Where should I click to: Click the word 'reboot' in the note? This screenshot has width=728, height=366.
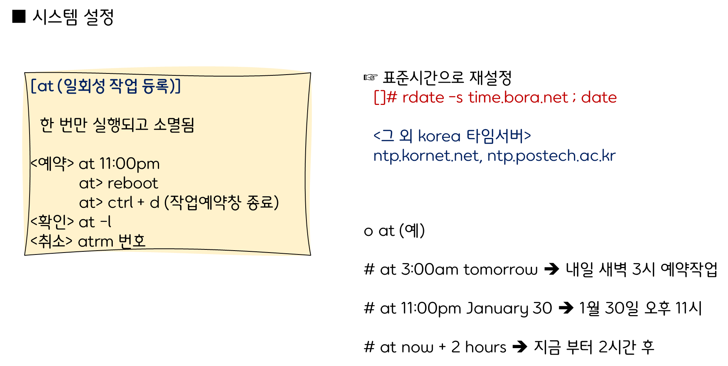pyautogui.click(x=133, y=183)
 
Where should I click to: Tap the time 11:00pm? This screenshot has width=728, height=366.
pyautogui.click(x=129, y=164)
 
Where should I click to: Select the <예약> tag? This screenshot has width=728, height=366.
pyautogui.click(x=52, y=164)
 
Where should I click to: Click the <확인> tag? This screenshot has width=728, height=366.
pyautogui.click(x=52, y=222)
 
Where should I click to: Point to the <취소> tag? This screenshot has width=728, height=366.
pyautogui.click(x=51, y=241)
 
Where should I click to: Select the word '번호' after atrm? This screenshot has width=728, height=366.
pyautogui.click(x=132, y=241)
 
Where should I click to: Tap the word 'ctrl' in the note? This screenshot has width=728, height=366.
pyautogui.click(x=120, y=203)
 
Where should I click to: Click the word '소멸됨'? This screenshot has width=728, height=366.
pyautogui.click(x=174, y=125)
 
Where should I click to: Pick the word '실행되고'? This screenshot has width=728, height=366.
pyautogui.click(x=121, y=125)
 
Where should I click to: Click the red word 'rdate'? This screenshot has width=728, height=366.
pyautogui.click(x=423, y=98)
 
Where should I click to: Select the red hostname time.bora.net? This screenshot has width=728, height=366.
pyautogui.click(x=518, y=98)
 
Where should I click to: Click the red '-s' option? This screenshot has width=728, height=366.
pyautogui.click(x=456, y=98)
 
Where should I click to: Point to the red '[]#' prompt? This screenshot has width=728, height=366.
pyautogui.click(x=385, y=98)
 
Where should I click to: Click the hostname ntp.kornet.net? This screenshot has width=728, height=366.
pyautogui.click(x=426, y=156)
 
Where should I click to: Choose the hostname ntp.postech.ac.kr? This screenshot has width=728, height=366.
pyautogui.click(x=551, y=156)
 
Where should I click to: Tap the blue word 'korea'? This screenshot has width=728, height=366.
pyautogui.click(x=439, y=136)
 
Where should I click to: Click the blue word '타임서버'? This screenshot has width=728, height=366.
pyautogui.click(x=495, y=136)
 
